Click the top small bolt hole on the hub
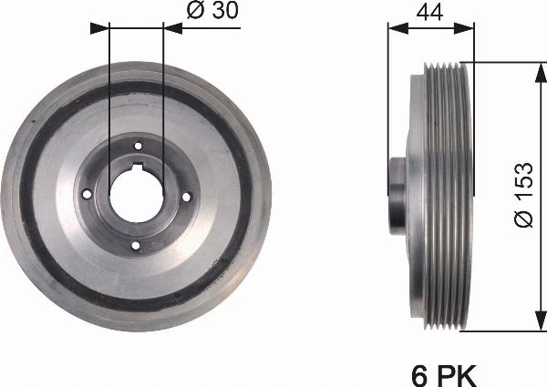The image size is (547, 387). (138, 146)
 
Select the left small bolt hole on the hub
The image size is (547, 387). (87, 194)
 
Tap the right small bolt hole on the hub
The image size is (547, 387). (186, 197)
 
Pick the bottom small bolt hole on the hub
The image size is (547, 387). (135, 245)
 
